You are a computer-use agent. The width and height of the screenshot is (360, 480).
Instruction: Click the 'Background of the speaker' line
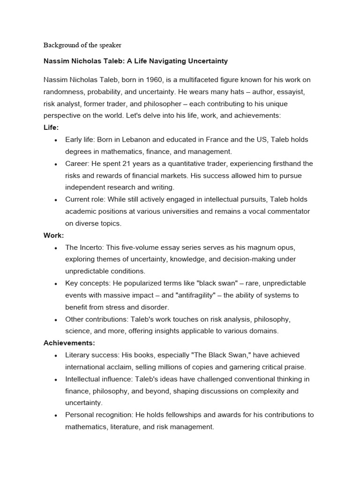tap(82, 45)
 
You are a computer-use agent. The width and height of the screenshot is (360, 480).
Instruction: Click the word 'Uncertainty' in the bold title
tap(208, 61)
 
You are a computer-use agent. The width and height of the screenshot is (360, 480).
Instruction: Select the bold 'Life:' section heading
tap(51, 127)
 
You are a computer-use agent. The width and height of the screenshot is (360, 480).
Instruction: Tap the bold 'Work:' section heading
tap(53, 235)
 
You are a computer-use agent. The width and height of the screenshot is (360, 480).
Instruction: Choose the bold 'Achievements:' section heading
tap(69, 343)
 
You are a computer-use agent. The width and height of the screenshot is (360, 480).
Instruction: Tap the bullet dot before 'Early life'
tap(56, 140)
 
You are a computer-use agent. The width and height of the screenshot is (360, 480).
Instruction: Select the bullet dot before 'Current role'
tap(56, 200)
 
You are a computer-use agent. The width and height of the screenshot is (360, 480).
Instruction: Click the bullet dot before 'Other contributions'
tap(56, 320)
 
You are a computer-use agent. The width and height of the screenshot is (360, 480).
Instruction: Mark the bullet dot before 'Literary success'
tap(56, 355)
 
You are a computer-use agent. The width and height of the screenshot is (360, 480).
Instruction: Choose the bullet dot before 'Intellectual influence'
tap(56, 379)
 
